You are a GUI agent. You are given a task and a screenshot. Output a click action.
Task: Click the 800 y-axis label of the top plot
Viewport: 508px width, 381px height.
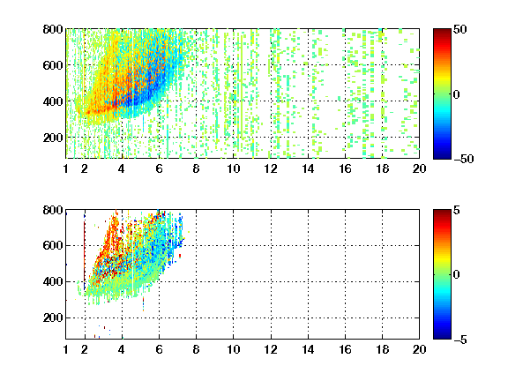53,29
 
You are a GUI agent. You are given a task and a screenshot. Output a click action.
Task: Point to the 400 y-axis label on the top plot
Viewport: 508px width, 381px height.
53,101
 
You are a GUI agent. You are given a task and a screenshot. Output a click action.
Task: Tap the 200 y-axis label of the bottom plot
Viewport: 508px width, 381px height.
53,317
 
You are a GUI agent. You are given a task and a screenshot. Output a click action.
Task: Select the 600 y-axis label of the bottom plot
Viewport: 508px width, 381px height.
53,245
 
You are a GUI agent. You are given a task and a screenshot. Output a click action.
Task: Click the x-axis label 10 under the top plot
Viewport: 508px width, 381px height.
233,168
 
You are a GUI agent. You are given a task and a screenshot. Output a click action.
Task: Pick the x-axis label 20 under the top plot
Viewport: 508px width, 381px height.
419,168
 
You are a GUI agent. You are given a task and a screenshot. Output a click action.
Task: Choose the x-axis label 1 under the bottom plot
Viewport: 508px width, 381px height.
66,349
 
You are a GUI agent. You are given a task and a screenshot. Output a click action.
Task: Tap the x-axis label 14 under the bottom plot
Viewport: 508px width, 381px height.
308,349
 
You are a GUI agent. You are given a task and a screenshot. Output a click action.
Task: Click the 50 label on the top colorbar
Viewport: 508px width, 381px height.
460,29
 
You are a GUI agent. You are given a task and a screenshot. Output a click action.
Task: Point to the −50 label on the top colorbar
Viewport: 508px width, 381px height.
464,159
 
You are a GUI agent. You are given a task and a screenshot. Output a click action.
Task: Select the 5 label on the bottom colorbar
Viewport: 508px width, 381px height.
457,210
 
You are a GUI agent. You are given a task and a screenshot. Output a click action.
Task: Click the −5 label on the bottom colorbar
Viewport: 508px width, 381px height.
460,340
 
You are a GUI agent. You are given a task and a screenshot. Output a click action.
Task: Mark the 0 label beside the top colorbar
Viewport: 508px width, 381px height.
457,94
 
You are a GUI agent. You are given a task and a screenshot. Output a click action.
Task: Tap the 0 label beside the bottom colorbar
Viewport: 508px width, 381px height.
457,275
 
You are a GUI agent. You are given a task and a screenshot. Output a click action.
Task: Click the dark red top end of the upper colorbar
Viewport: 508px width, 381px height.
442,31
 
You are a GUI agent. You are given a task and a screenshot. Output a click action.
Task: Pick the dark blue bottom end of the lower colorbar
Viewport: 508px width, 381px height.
442,337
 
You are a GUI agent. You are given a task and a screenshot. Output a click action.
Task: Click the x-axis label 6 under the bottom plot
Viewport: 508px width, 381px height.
159,349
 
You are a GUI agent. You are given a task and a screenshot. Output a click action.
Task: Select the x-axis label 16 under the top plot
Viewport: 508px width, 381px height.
346,168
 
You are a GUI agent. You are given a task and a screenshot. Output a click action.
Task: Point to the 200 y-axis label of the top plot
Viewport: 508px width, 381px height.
53,138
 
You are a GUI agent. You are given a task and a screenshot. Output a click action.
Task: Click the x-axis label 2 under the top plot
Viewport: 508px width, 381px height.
85,168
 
